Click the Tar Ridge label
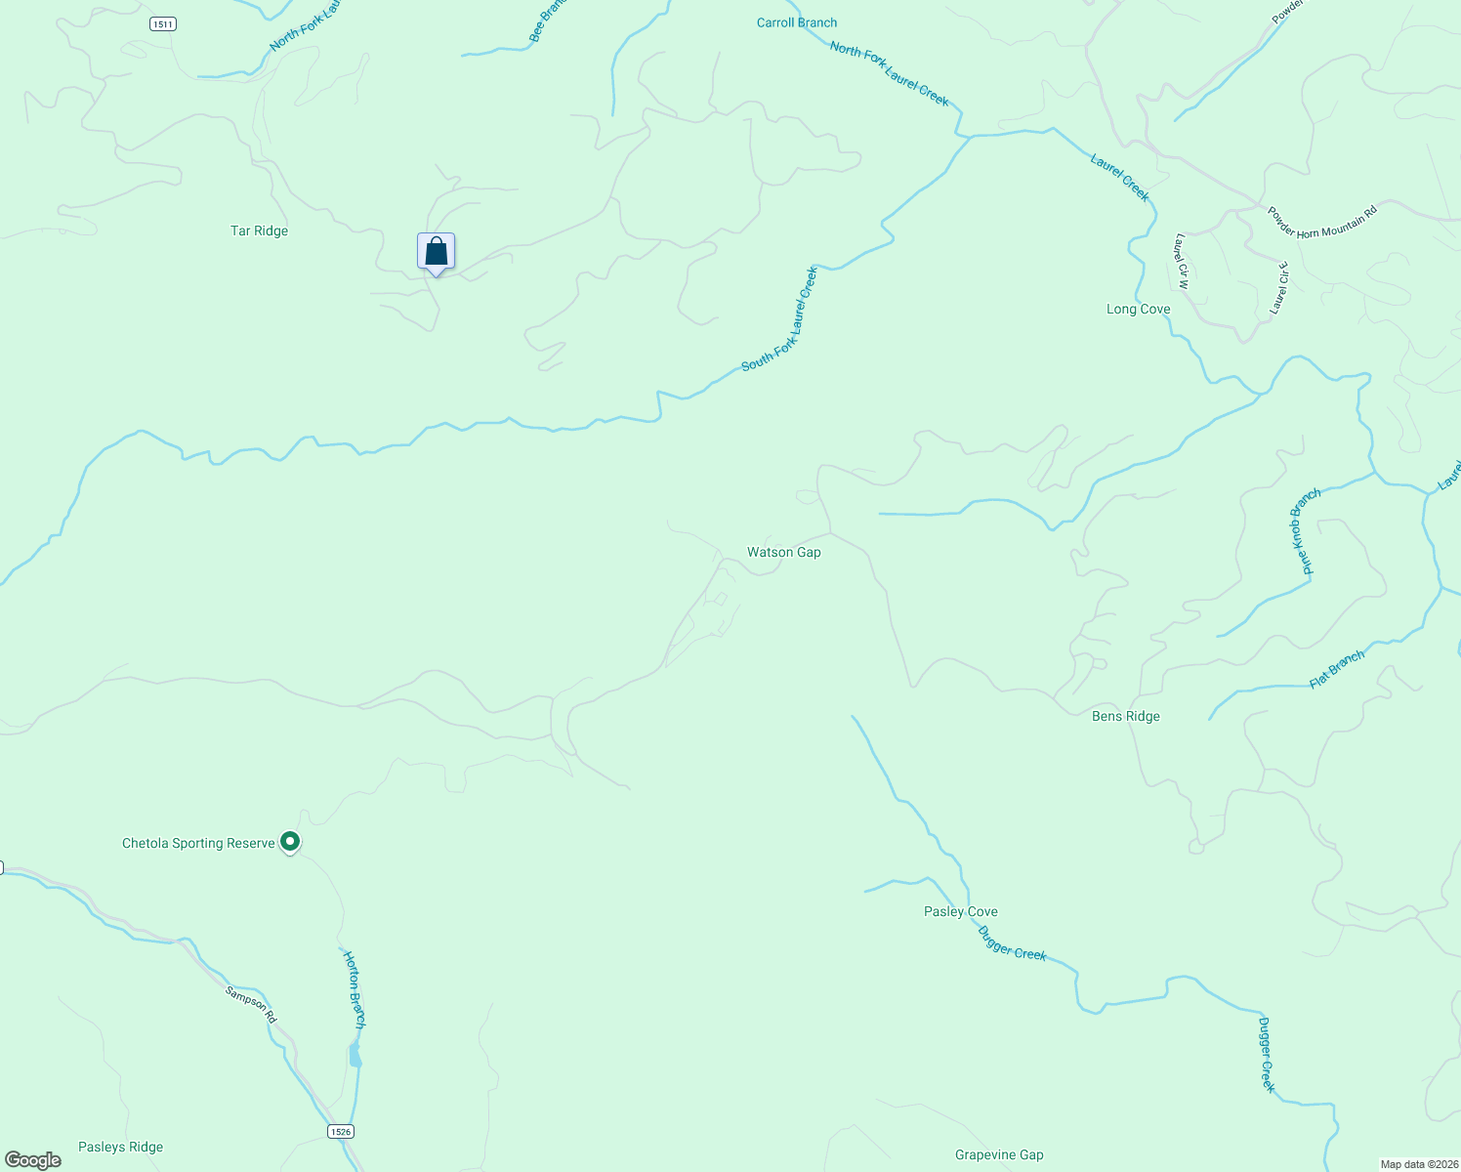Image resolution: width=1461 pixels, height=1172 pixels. pos(259,231)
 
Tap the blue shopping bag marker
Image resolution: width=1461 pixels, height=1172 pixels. pos(436,252)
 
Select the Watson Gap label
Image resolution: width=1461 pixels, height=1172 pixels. pos(783,553)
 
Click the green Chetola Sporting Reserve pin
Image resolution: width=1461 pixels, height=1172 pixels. pos(289,841)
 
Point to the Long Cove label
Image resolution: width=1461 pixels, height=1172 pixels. pos(1138,310)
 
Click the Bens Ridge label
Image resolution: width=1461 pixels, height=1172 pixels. pos(1125,717)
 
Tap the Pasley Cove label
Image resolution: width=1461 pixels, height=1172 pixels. pos(960,912)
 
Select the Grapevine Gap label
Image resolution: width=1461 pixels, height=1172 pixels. pos(998,1155)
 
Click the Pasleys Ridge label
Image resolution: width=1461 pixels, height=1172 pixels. pos(120,1148)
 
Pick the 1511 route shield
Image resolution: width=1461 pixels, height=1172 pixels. pos(163,23)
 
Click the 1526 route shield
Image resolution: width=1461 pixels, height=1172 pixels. pos(339,1131)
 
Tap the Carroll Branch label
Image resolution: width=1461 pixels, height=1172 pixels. pos(796,22)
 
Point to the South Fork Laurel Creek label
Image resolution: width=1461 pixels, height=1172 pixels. pos(779,320)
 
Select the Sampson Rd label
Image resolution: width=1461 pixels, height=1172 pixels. pos(251,1005)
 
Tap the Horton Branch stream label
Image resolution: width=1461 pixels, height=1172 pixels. pos(354,988)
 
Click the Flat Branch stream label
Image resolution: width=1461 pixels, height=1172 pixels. pos(1336,670)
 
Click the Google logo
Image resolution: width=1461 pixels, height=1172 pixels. pos(32,1160)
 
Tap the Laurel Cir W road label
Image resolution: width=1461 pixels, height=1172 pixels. pos(1181,262)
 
